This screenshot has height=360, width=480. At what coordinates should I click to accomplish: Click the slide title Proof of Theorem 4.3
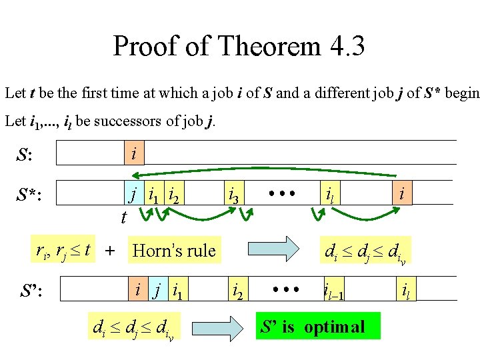(x=239, y=47)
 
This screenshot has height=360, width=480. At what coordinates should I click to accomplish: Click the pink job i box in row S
(x=133, y=154)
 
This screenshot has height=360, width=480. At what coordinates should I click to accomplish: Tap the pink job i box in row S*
(x=401, y=193)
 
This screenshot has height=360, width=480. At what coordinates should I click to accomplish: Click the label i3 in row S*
(x=234, y=196)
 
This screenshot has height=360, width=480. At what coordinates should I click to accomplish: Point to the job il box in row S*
(x=328, y=194)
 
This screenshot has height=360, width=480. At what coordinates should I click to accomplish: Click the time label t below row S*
(x=124, y=217)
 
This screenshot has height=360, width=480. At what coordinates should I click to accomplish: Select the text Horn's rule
(x=174, y=251)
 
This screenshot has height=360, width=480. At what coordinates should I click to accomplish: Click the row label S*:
(x=33, y=195)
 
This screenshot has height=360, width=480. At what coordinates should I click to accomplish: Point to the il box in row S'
(x=405, y=291)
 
